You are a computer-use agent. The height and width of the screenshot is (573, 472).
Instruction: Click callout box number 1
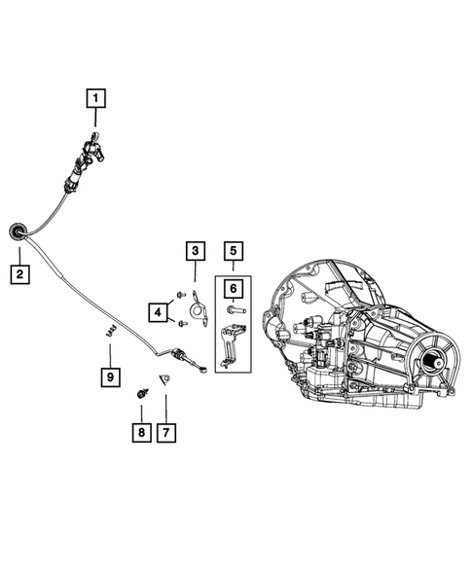click(96, 97)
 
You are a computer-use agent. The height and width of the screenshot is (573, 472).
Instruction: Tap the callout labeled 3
click(195, 252)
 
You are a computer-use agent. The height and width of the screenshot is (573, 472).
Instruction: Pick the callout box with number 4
click(157, 311)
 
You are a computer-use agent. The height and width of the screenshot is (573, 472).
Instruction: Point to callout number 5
click(233, 252)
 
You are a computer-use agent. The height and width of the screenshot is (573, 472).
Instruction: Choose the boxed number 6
click(233, 288)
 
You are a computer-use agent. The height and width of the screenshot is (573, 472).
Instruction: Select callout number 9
click(110, 376)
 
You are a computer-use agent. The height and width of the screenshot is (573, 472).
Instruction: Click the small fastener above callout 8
click(142, 394)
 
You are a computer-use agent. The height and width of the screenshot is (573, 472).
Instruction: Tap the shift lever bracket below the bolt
click(230, 346)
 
